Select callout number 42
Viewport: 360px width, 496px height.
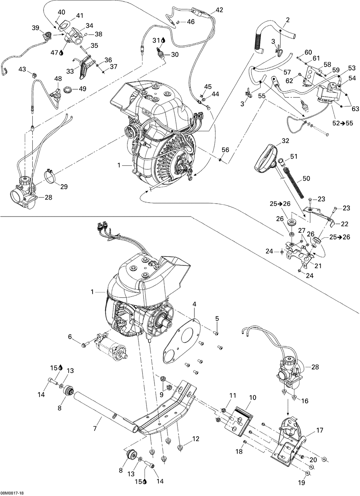tap(219, 10)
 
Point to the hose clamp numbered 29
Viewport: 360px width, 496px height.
tap(51, 176)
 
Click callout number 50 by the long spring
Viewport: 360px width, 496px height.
tap(306, 178)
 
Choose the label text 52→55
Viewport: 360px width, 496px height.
tap(342, 123)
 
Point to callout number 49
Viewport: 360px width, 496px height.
tap(82, 88)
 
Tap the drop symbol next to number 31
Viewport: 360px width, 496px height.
tap(163, 40)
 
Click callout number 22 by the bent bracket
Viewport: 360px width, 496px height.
tap(345, 224)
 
